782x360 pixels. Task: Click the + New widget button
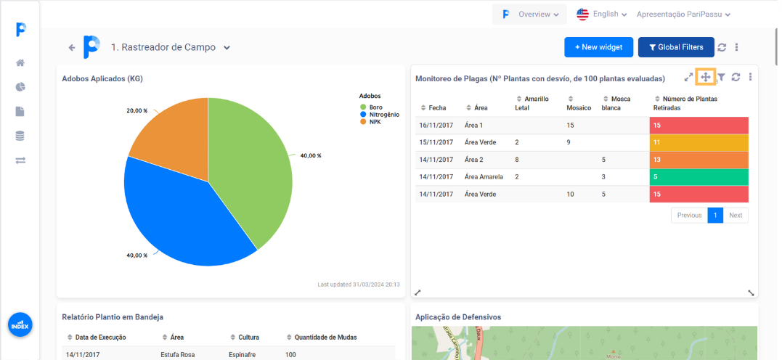598,47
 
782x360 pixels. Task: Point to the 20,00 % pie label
137,111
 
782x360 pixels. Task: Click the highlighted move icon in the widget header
705,77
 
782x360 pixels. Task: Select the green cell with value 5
698,176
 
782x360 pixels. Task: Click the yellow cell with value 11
698,142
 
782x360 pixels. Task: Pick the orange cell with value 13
698,160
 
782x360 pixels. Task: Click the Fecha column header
437,107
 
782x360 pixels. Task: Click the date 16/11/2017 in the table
436,126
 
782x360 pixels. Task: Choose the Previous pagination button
689,215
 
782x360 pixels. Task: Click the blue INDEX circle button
20,325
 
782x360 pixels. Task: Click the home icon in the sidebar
20,63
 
